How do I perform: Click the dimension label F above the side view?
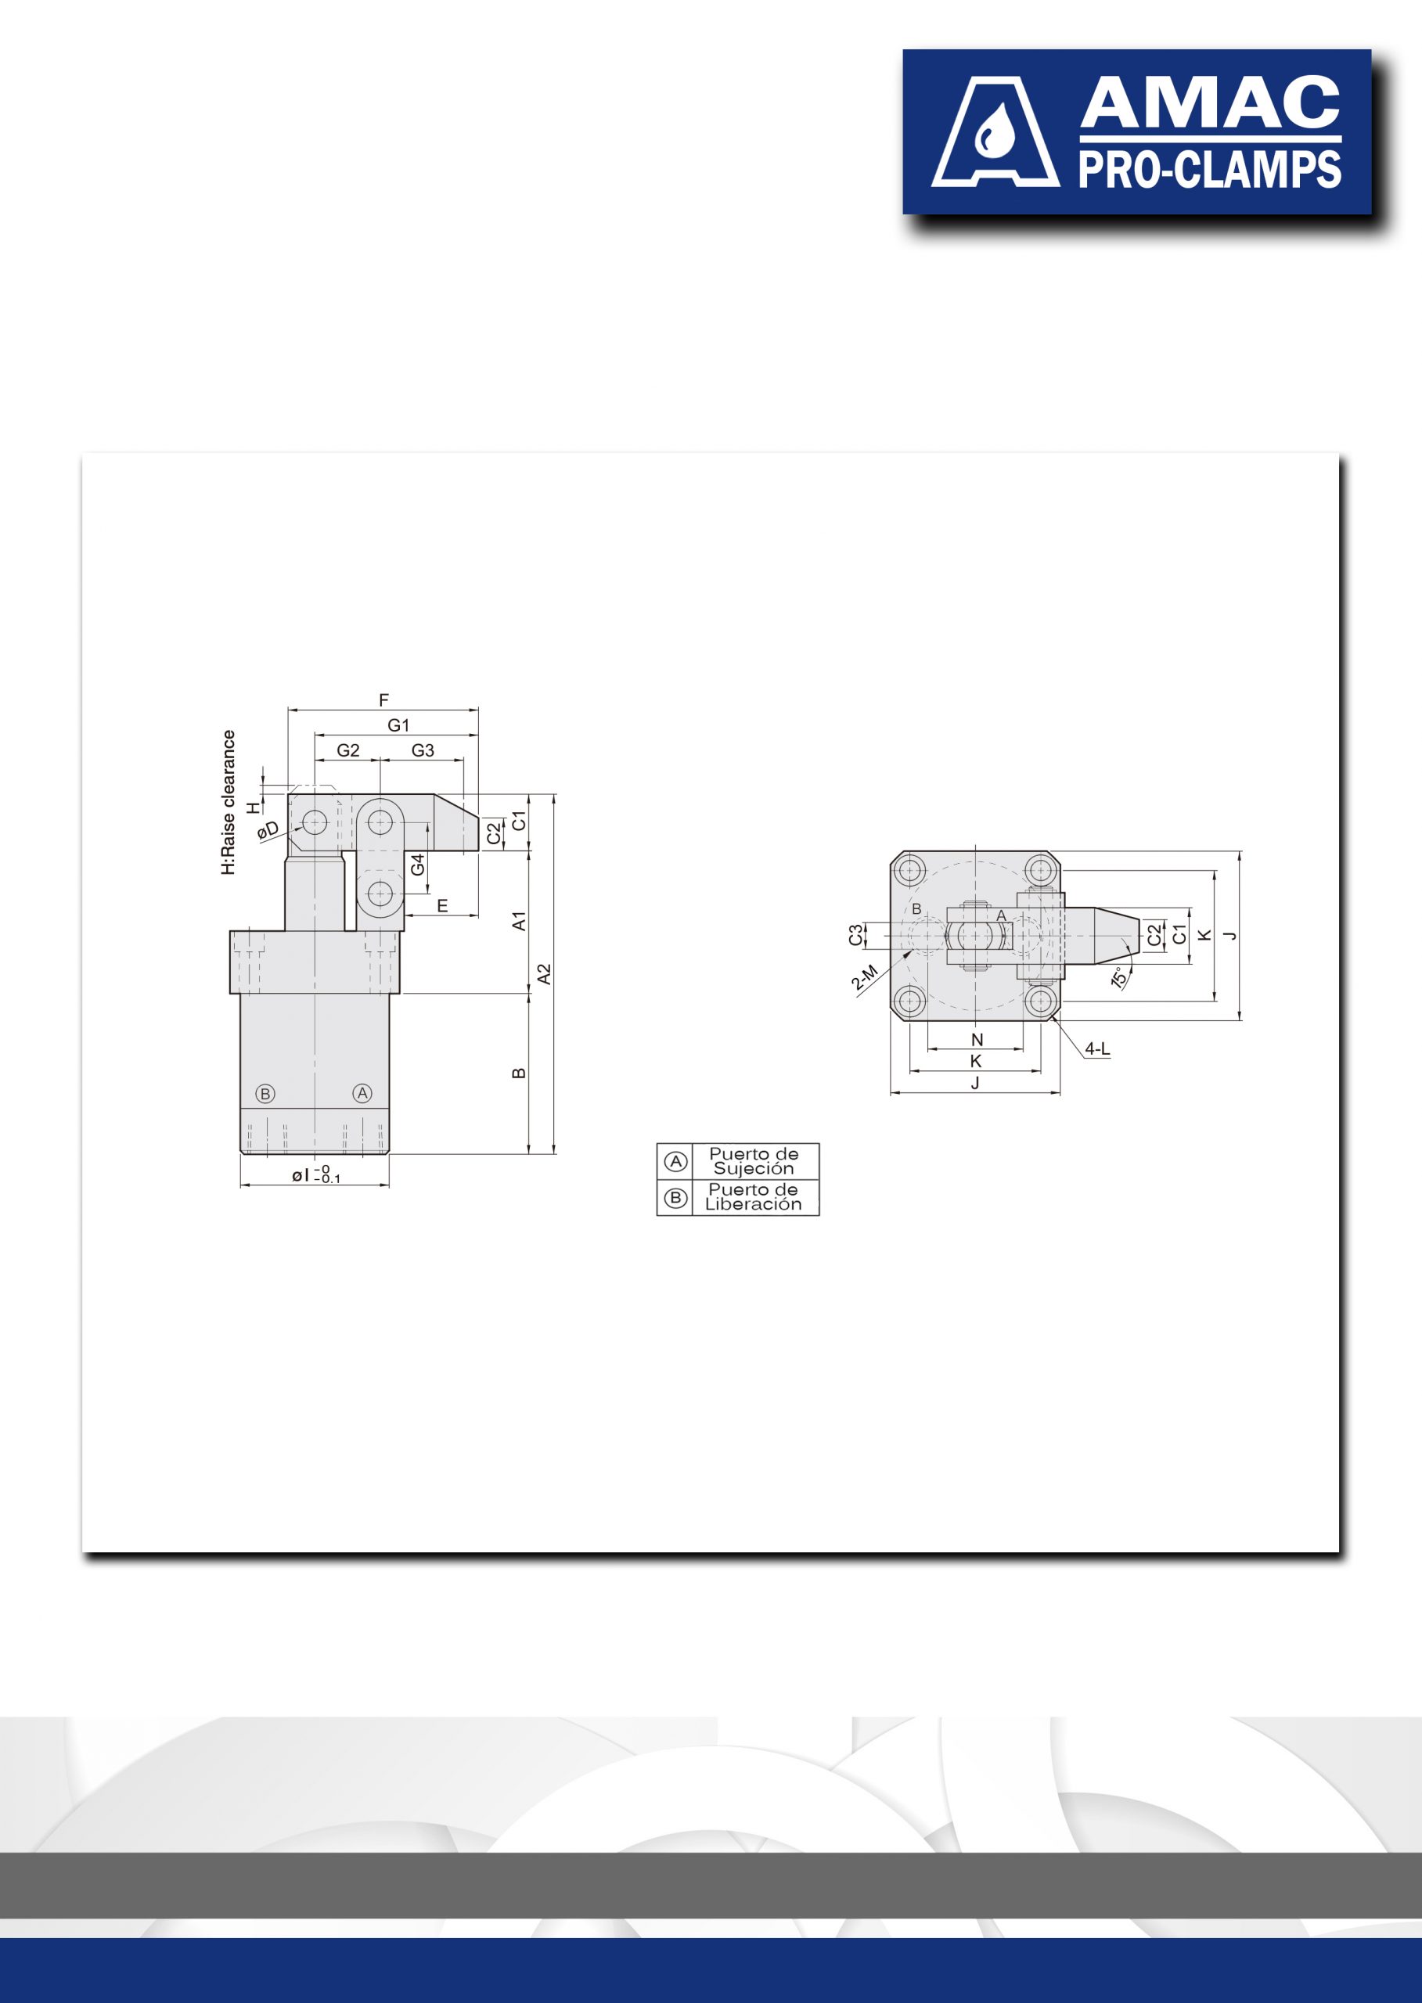coord(383,700)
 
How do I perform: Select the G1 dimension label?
coord(398,725)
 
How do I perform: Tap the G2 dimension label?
coord(347,750)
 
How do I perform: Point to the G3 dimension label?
coord(423,750)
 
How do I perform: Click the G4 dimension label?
coord(418,864)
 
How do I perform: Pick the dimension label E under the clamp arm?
coord(442,906)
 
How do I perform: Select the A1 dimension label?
coord(519,921)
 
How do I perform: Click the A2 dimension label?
coord(545,974)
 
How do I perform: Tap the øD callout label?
coord(268,830)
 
